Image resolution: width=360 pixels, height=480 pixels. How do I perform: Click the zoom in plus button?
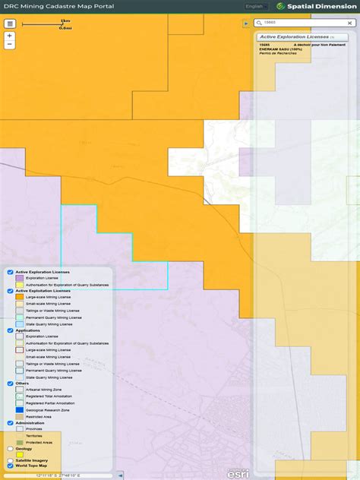click(9, 36)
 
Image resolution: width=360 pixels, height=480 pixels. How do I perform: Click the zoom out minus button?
click(9, 45)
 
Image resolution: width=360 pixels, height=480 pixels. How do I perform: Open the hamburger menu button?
click(10, 24)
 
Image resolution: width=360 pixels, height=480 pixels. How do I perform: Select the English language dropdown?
click(255, 6)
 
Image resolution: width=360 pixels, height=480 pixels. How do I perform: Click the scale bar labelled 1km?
click(46, 24)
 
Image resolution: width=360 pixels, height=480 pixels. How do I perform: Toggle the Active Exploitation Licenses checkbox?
click(11, 291)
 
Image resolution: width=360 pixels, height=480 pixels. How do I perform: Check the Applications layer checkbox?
click(11, 330)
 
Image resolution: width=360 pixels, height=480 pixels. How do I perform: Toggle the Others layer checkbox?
click(11, 384)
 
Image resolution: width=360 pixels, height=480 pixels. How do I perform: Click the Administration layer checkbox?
click(11, 423)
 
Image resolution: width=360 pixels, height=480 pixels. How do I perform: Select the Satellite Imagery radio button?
click(9, 460)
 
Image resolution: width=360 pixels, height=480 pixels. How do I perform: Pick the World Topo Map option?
click(9, 466)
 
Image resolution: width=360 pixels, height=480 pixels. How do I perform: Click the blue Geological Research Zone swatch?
click(20, 410)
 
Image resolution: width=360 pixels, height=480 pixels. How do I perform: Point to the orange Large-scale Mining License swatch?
click(20, 297)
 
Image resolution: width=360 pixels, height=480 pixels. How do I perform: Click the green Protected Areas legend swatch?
click(20, 442)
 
